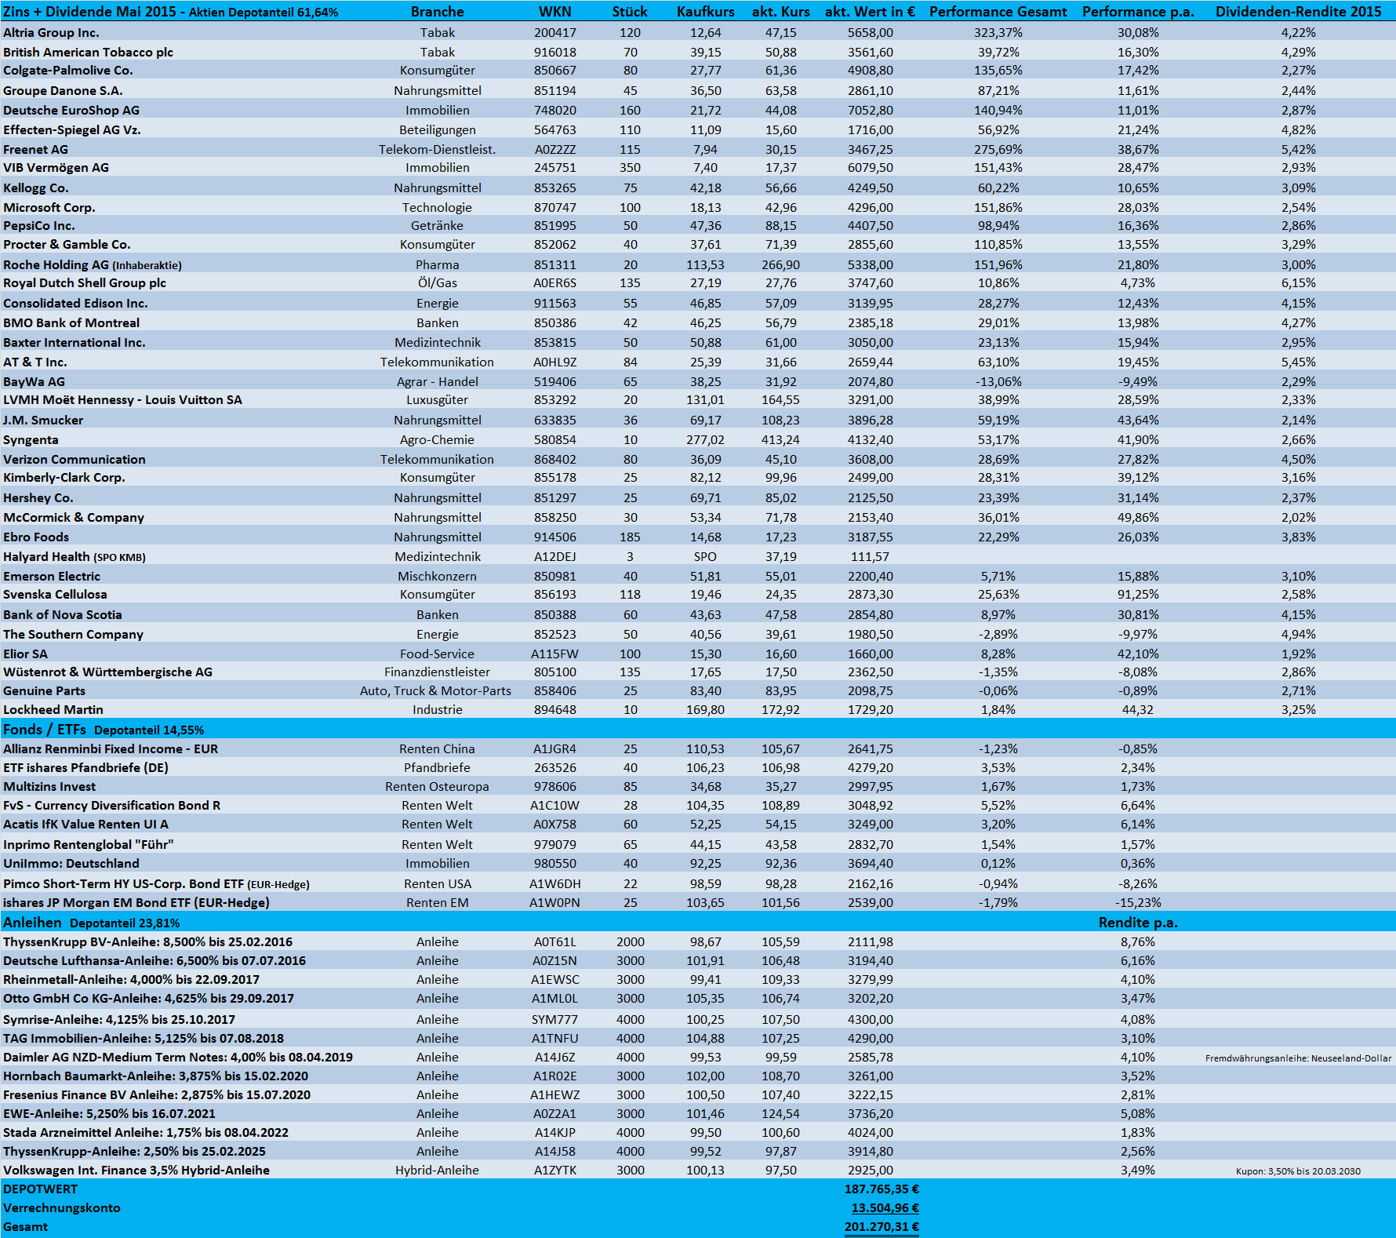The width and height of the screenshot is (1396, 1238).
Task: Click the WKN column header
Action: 554,12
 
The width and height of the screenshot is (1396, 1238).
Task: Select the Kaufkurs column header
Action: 705,12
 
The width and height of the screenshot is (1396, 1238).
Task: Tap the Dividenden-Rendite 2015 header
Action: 1298,12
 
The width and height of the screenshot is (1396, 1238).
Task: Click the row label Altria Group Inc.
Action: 51,33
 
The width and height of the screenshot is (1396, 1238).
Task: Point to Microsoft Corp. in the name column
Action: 49,208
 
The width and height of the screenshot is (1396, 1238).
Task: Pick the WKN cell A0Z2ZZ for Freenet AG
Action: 554,149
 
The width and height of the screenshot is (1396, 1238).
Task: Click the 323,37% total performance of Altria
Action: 998,33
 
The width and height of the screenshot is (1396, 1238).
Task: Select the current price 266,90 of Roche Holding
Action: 780,265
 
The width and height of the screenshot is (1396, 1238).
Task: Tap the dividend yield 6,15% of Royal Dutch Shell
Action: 1298,283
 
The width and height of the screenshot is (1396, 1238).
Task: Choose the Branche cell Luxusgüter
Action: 437,400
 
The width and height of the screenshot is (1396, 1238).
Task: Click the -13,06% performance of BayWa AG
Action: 998,382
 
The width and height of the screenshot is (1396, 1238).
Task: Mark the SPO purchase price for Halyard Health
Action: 705,557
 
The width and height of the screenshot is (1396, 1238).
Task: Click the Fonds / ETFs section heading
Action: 45,730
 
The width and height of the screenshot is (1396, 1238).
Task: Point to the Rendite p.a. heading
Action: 1137,923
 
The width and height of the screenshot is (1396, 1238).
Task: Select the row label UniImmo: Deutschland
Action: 71,864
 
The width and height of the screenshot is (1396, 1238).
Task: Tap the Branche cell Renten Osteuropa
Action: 437,787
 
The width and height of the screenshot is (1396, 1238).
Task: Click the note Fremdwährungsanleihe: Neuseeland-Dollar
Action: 1298,1058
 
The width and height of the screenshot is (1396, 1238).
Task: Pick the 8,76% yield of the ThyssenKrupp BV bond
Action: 1137,942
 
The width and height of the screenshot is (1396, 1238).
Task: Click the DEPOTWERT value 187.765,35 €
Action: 882,1189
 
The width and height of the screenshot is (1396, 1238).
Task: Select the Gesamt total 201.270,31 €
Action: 882,1227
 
